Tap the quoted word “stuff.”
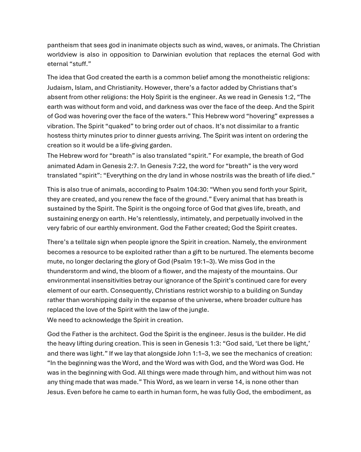coord(80,64)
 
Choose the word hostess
coord(58,136)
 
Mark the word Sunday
coord(291,291)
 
